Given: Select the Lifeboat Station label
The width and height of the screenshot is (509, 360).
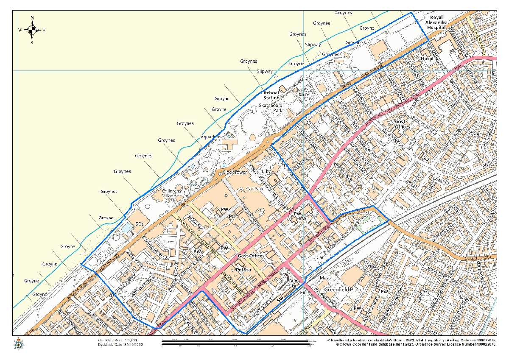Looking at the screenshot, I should (x=271, y=95).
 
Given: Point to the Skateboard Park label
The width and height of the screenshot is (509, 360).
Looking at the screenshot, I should (x=271, y=107).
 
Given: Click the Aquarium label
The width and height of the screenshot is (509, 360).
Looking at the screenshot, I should (x=211, y=137).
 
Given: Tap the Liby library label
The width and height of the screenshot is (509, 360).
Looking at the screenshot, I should (x=266, y=172).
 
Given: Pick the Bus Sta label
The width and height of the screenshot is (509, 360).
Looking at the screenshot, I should (x=293, y=283).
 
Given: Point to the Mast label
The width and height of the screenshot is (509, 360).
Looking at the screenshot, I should (x=325, y=278).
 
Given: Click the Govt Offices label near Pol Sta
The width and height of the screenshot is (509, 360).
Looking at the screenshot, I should (x=251, y=256).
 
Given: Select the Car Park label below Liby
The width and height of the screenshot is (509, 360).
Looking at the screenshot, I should (x=255, y=188).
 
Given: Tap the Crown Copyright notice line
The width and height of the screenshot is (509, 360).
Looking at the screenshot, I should (x=416, y=345).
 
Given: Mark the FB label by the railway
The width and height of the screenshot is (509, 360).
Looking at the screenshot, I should (x=302, y=292).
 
